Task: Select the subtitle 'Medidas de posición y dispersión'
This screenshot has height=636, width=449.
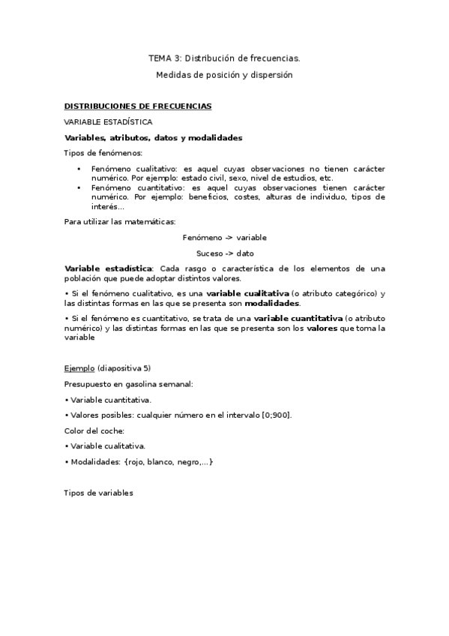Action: (x=224, y=75)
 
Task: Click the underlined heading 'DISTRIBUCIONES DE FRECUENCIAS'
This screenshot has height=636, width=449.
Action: (x=138, y=106)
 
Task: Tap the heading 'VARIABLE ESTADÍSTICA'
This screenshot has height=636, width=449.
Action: (x=108, y=121)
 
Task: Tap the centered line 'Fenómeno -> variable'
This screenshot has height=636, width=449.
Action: (x=224, y=238)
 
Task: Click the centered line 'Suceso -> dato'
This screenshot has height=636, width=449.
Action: (x=224, y=253)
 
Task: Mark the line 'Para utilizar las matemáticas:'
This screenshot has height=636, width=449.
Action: (x=120, y=221)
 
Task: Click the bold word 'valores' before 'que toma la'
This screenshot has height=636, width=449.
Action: (x=322, y=328)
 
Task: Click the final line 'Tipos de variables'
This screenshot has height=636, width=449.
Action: (x=99, y=493)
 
